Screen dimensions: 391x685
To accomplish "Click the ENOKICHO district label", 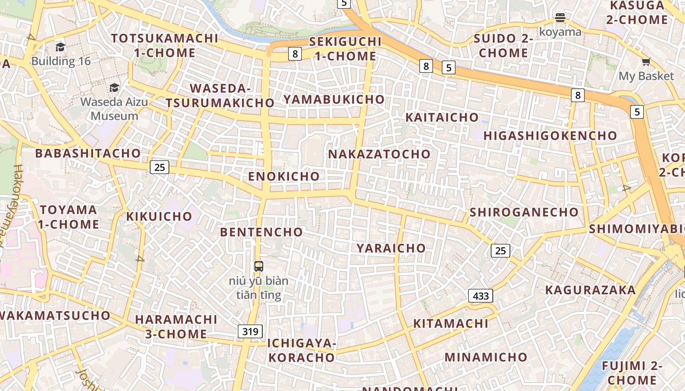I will point(284,176).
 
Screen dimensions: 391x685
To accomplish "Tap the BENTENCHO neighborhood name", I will point(261,232).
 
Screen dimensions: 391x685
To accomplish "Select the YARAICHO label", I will point(391,248).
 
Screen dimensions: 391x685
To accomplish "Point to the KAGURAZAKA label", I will point(590,290).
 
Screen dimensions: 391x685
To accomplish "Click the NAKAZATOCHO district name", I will point(379,154).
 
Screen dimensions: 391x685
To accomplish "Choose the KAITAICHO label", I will point(442,117).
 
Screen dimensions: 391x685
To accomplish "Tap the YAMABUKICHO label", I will point(334,99).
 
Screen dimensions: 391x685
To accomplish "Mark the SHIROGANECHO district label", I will point(524,212).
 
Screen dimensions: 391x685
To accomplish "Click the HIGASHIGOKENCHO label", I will point(550,136).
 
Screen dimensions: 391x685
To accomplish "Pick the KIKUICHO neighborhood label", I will point(160,217).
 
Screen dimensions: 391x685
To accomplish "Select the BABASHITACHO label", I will point(88,153).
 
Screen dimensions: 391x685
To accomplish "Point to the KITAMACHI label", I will point(451,324).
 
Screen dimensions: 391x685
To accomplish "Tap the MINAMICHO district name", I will point(486,357).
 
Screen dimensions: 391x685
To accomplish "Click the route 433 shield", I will point(480,296).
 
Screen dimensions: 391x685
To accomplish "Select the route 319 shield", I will point(250,331).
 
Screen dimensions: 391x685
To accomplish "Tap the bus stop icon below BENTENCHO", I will point(259,266).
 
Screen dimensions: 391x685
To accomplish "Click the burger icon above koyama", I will point(560,18).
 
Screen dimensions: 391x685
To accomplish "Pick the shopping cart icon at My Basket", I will point(646,62).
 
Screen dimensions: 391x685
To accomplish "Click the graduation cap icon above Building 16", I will point(61,47).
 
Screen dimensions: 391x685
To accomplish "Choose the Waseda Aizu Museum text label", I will point(114,109).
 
